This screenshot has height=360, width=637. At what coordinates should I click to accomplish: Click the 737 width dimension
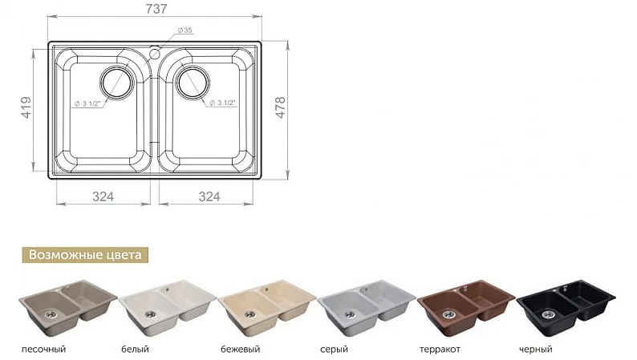[x=156, y=9]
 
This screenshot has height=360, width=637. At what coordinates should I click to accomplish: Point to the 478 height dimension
[x=281, y=107]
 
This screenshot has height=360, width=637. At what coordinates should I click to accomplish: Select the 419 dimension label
[x=26, y=107]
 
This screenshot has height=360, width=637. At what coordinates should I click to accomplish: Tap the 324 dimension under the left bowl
[x=103, y=197]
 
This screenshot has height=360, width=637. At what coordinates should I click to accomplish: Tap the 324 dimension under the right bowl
[x=209, y=197]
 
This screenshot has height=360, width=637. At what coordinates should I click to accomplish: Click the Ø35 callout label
[x=185, y=30]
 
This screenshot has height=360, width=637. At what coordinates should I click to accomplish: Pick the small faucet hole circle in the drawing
[x=154, y=53]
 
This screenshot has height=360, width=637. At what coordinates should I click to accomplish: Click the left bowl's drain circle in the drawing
[x=117, y=83]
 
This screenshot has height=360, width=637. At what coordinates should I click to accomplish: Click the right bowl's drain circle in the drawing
[x=193, y=83]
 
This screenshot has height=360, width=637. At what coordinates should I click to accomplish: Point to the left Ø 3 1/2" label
[x=87, y=104]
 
